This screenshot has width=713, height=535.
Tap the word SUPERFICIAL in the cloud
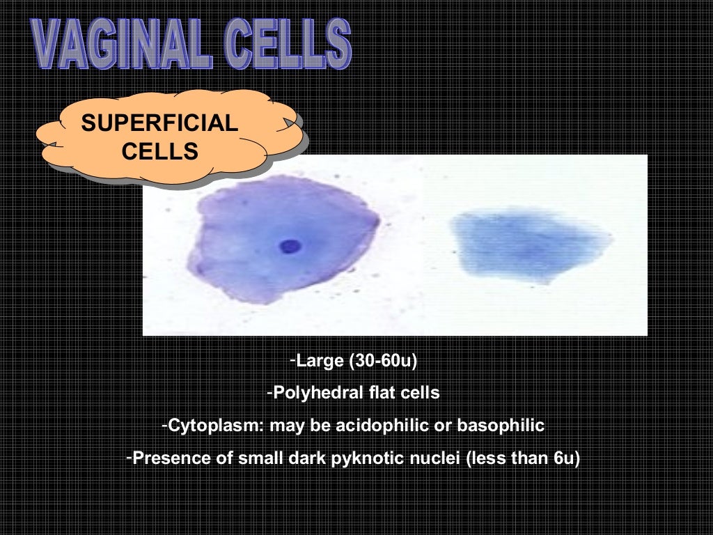pos(159,124)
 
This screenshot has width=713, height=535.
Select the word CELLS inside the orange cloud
pos(159,150)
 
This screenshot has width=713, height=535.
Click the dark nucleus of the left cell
pos(290,246)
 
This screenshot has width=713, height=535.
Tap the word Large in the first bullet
pos(320,361)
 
